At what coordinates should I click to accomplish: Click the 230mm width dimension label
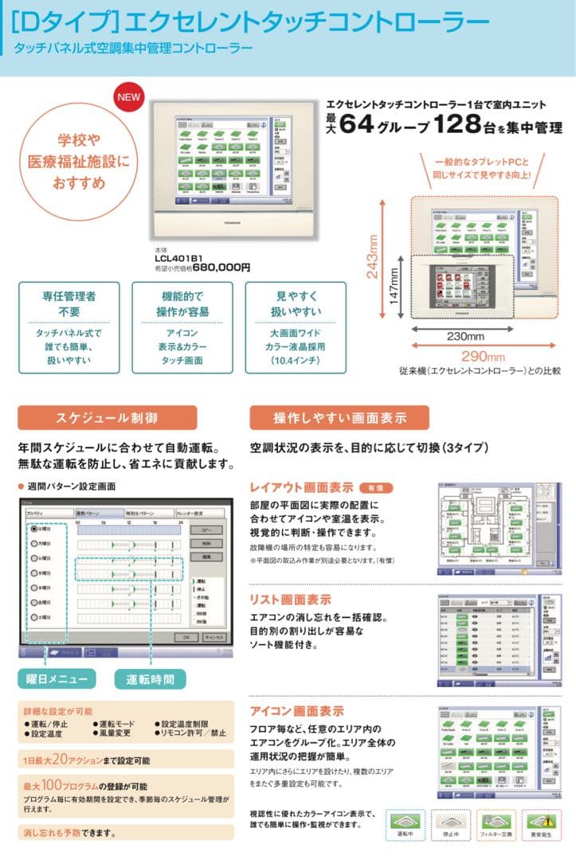(x=464, y=336)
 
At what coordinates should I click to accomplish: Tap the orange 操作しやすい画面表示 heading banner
(x=339, y=417)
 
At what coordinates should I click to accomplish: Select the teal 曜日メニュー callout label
(x=57, y=678)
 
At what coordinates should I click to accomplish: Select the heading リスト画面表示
(x=290, y=600)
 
